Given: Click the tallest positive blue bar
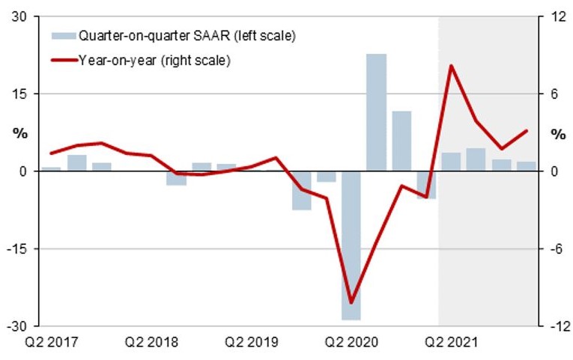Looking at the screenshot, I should tap(376, 112).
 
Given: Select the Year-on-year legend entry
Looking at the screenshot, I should tap(154, 59).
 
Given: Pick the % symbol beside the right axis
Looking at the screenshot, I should tap(559, 134).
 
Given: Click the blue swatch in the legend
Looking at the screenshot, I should tap(62, 35).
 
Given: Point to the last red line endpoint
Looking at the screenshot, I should tap(527, 131).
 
